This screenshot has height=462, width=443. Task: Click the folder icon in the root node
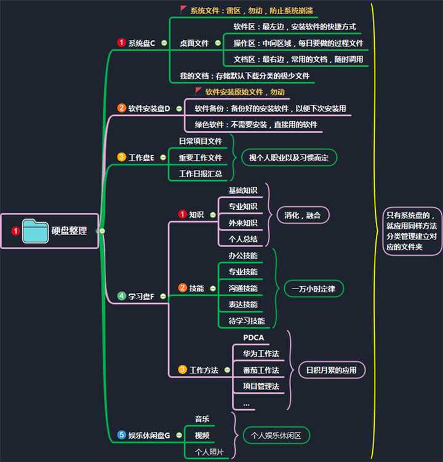pyautogui.click(x=35, y=231)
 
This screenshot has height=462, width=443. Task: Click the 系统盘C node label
pyautogui.click(x=142, y=42)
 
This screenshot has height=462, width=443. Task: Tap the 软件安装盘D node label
pyautogui.click(x=149, y=108)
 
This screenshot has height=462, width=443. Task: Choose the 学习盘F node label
pyautogui.click(x=141, y=297)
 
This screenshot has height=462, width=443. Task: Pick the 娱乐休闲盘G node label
pyautogui.click(x=149, y=436)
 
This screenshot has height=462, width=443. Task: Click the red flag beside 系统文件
pyautogui.click(x=184, y=10)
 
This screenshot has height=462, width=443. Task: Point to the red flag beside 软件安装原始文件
pyautogui.click(x=198, y=91)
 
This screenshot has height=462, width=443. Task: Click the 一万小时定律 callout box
pyautogui.click(x=313, y=289)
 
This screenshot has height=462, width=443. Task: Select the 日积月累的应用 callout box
pyautogui.click(x=331, y=370)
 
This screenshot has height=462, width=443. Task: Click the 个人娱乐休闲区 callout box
pyautogui.click(x=276, y=436)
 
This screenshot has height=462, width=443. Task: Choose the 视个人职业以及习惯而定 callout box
pyautogui.click(x=289, y=157)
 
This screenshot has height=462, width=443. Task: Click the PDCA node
pyautogui.click(x=253, y=338)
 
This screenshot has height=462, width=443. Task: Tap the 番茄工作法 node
pyautogui.click(x=261, y=370)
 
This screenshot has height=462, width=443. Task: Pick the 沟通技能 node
pyautogui.click(x=243, y=288)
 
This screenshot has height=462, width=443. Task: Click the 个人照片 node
pyautogui.click(x=209, y=452)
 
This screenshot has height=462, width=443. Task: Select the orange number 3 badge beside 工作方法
pyautogui.click(x=182, y=370)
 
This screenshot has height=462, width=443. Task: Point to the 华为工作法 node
pyautogui.click(x=261, y=354)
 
